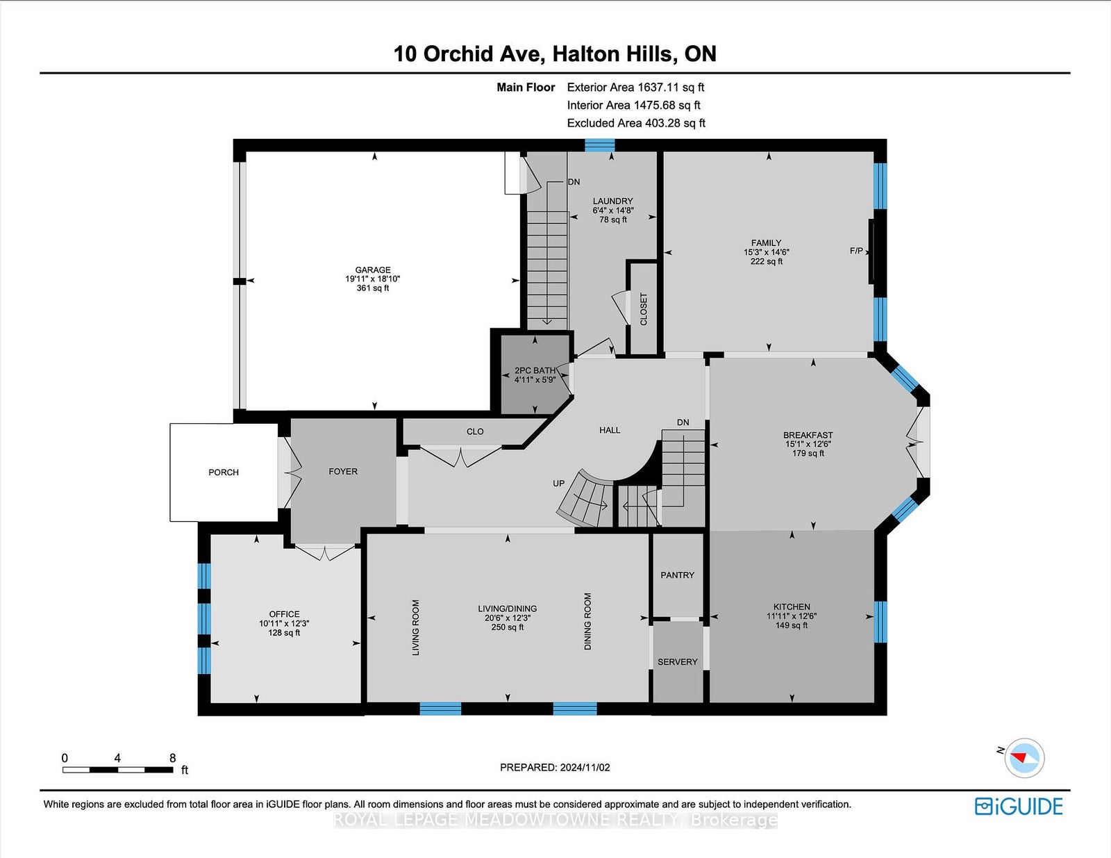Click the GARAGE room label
click(x=373, y=270)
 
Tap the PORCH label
click(x=224, y=472)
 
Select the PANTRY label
click(x=678, y=575)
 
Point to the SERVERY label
click(x=678, y=662)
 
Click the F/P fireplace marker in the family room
click(x=856, y=251)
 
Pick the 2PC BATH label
click(x=535, y=371)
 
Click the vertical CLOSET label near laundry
click(x=644, y=309)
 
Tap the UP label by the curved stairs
click(x=558, y=484)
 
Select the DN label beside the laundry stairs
click(x=574, y=182)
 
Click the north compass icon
click(x=1024, y=758)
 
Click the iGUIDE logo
click(x=1019, y=807)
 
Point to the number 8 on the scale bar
click(x=172, y=758)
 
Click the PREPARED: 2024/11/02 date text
click(x=555, y=768)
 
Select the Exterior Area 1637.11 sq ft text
click(x=635, y=88)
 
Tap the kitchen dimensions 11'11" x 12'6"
click(x=792, y=617)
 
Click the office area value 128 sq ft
click(x=284, y=633)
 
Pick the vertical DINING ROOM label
click(x=588, y=621)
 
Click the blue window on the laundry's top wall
click(x=600, y=145)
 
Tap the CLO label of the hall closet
click(x=475, y=431)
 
